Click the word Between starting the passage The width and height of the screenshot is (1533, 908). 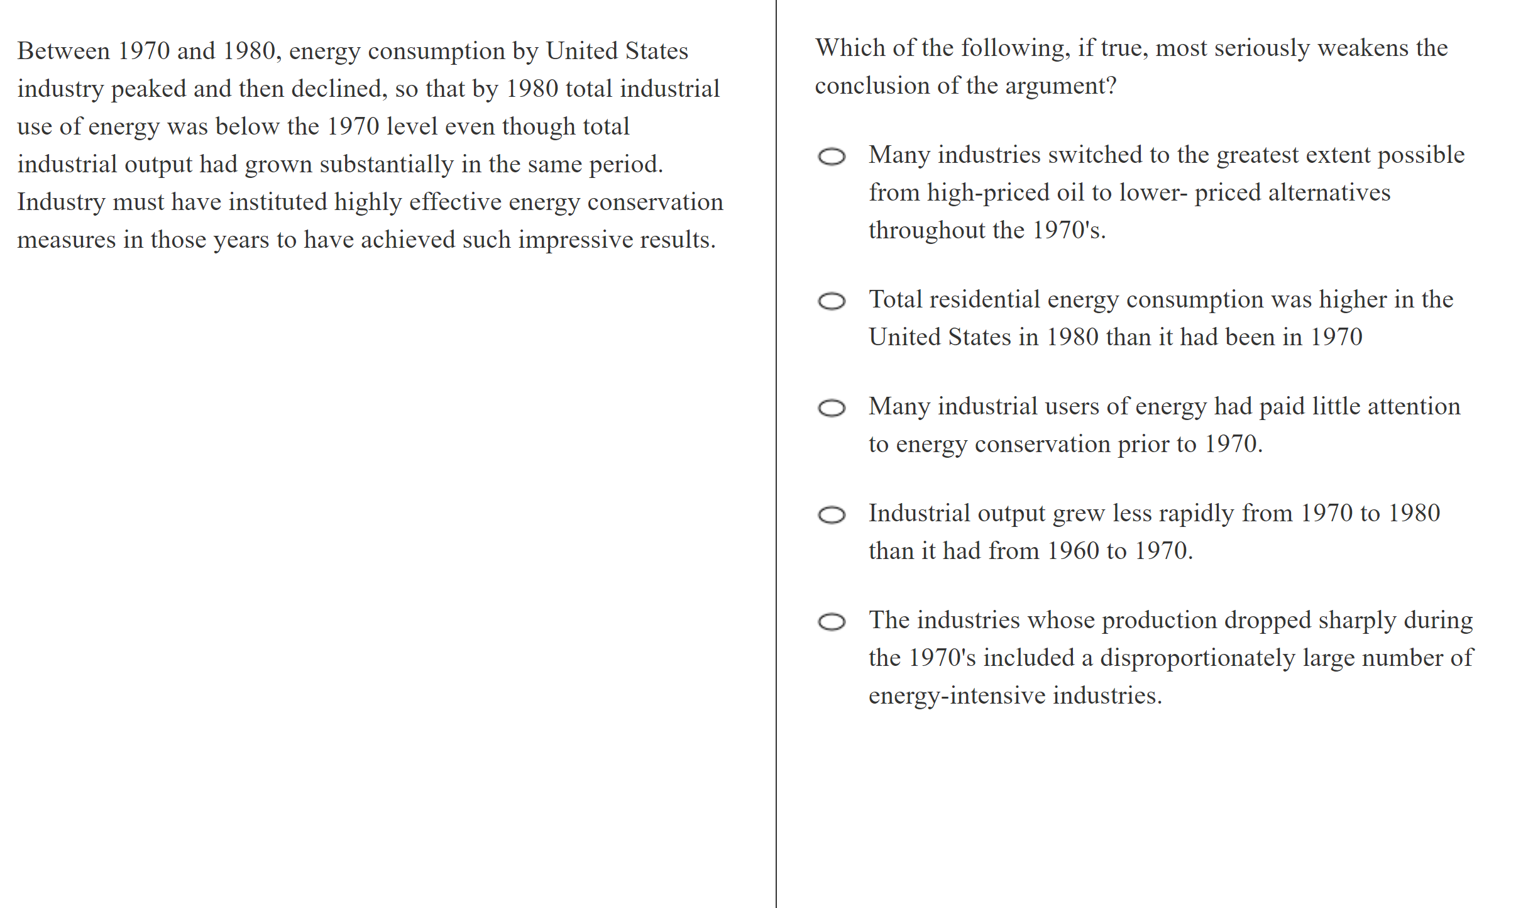click(63, 51)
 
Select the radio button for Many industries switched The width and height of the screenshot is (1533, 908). click(832, 156)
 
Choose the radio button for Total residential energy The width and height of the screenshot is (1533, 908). click(832, 301)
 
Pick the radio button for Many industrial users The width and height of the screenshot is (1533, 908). click(832, 408)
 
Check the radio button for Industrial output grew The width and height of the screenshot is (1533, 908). click(832, 515)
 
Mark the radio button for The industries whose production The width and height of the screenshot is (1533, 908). click(832, 622)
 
